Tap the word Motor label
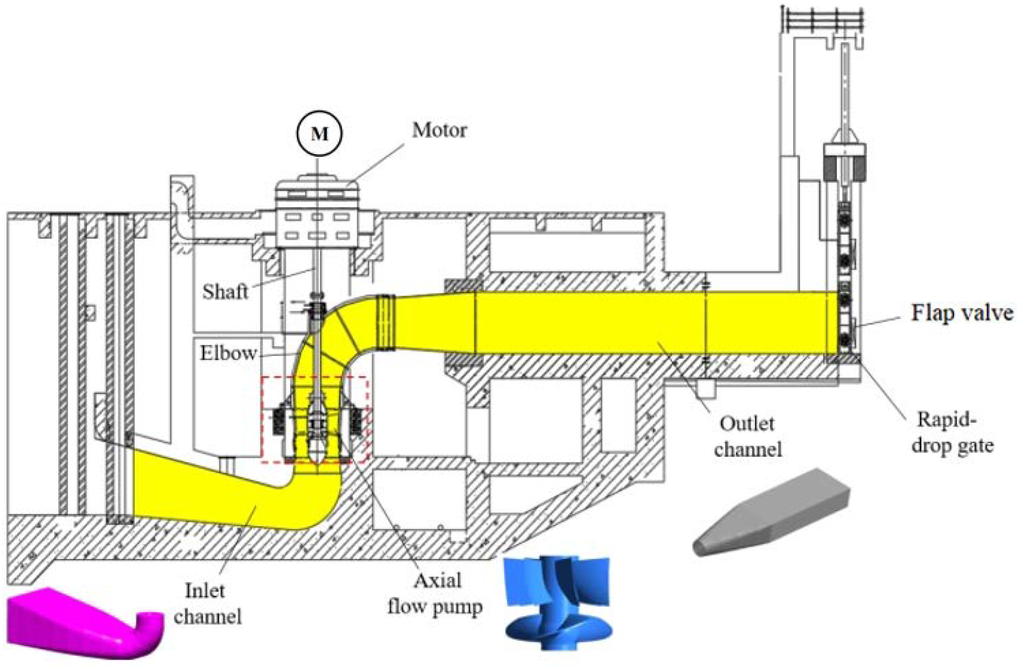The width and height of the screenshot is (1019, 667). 439,130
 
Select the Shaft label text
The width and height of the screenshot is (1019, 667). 225,292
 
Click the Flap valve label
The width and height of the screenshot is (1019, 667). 962,313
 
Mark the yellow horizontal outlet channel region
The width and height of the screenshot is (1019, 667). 642,324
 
